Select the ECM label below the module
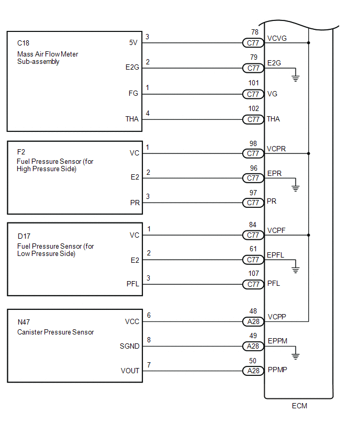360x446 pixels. pyautogui.click(x=299, y=406)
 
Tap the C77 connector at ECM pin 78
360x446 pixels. pyautogui.click(x=254, y=42)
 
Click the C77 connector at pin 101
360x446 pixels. pyautogui.click(x=254, y=94)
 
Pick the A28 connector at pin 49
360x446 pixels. pyautogui.click(x=254, y=347)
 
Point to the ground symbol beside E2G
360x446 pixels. pyautogui.click(x=296, y=79)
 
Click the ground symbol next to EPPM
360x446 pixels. pyautogui.click(x=296, y=356)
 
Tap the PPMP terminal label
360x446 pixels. pyautogui.click(x=277, y=369)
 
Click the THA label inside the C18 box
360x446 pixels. pyautogui.click(x=132, y=119)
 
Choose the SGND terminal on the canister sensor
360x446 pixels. pyautogui.click(x=130, y=346)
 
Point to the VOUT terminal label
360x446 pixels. pyautogui.click(x=130, y=371)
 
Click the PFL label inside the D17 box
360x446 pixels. pyautogui.click(x=132, y=284)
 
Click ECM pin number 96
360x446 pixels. pyautogui.click(x=254, y=168)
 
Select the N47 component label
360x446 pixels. pyautogui.click(x=24, y=322)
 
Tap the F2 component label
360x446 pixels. pyautogui.click(x=21, y=151)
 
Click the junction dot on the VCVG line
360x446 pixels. pyautogui.click(x=309, y=42)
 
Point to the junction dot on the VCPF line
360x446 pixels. pyautogui.click(x=309, y=235)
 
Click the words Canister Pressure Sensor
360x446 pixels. pyautogui.click(x=55, y=332)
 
